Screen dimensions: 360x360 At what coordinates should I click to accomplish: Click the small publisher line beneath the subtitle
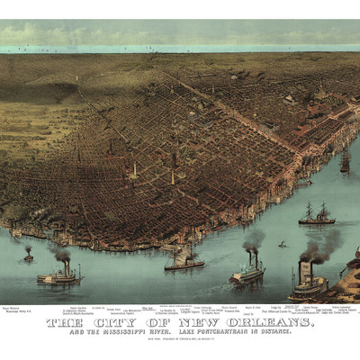click(180, 341)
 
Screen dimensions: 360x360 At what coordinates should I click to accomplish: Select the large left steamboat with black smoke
click(58, 274)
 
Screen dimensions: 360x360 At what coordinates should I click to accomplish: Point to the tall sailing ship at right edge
click(345, 163)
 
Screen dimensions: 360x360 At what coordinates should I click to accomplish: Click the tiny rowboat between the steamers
click(282, 245)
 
